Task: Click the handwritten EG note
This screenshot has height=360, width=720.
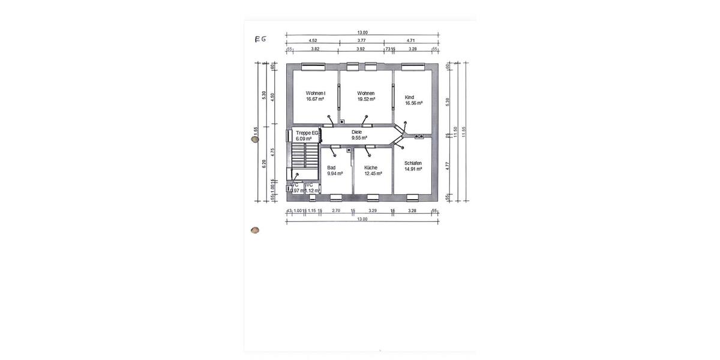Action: pyautogui.click(x=260, y=40)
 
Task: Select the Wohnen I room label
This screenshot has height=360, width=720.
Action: pyautogui.click(x=315, y=93)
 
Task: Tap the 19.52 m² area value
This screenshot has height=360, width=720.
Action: pyautogui.click(x=366, y=99)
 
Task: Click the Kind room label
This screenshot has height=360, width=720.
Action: pyautogui.click(x=409, y=97)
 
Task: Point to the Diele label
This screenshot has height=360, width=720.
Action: pyautogui.click(x=357, y=131)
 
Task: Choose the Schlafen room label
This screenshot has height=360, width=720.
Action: pyautogui.click(x=413, y=163)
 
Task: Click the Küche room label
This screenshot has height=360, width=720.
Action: pyautogui.click(x=371, y=167)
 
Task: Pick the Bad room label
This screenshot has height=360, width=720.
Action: pyautogui.click(x=331, y=167)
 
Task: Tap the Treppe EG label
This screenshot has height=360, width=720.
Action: pyautogui.click(x=307, y=132)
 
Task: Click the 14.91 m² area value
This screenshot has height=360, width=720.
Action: pyautogui.click(x=413, y=169)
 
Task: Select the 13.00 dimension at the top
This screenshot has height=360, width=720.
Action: pyautogui.click(x=362, y=33)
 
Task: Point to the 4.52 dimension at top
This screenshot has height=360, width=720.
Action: pyautogui.click(x=313, y=41)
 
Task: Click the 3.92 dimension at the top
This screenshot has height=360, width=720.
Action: pyautogui.click(x=360, y=49)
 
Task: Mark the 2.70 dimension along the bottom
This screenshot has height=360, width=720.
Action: pyautogui.click(x=336, y=211)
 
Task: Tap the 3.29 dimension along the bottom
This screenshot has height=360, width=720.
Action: pyautogui.click(x=372, y=211)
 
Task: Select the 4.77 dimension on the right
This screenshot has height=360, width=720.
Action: pyautogui.click(x=448, y=166)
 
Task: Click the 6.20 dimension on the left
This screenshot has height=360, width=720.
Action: pyautogui.click(x=264, y=163)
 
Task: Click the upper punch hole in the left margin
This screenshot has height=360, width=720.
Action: pyautogui.click(x=255, y=139)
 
